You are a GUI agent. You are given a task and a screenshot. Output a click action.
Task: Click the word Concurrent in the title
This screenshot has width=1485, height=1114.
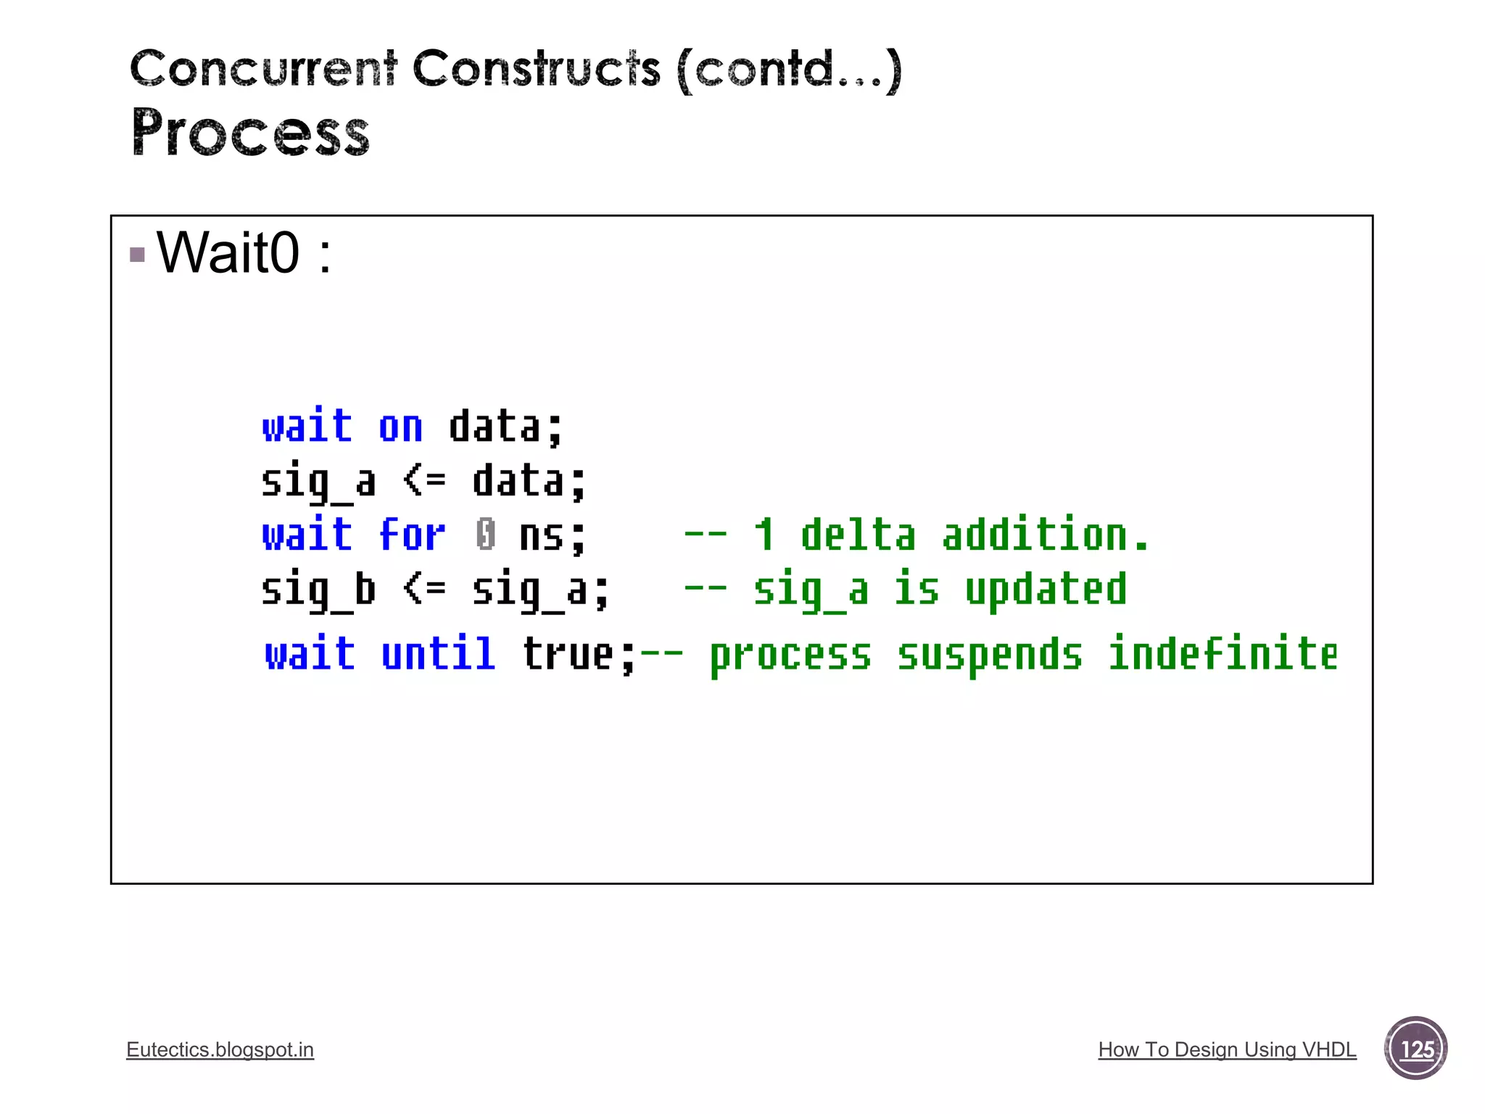(x=263, y=69)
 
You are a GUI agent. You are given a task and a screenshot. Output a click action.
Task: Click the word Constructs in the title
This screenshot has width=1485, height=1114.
(x=536, y=69)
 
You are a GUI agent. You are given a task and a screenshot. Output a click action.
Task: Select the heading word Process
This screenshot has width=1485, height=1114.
(x=250, y=133)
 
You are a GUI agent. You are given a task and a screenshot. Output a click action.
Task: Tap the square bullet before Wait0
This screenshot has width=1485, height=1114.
(x=137, y=255)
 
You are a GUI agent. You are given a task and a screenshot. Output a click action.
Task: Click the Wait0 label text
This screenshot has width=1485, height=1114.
(x=228, y=252)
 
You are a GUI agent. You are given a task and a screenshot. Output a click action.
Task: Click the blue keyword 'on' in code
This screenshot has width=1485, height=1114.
(x=400, y=428)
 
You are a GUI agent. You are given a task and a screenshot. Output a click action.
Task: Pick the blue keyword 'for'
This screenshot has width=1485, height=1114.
(x=411, y=535)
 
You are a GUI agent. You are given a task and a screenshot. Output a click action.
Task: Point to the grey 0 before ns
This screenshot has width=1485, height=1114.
(x=486, y=535)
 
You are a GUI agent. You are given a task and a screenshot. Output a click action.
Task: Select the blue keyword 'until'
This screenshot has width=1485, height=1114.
(x=438, y=654)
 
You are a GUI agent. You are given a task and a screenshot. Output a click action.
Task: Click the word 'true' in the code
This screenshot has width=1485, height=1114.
(x=568, y=654)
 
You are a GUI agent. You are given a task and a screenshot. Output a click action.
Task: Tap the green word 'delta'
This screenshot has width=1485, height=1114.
(x=858, y=535)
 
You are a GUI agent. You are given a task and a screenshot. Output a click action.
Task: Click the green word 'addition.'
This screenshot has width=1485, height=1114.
(x=1045, y=535)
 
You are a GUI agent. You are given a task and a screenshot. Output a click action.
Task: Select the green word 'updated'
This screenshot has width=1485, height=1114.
(x=1046, y=590)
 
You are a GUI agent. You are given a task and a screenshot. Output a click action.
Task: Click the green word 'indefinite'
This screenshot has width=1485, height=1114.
(x=1223, y=654)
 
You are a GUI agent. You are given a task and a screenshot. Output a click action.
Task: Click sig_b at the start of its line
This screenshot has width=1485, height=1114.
(x=318, y=590)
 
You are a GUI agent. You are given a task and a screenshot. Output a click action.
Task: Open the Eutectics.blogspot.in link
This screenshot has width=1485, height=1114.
(x=220, y=1049)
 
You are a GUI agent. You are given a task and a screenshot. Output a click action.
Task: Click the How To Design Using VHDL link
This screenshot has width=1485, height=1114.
(x=1227, y=1049)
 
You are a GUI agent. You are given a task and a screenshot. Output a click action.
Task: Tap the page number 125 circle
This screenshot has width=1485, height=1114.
(x=1415, y=1049)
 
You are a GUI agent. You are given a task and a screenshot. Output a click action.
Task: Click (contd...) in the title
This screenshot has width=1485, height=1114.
(x=789, y=70)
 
